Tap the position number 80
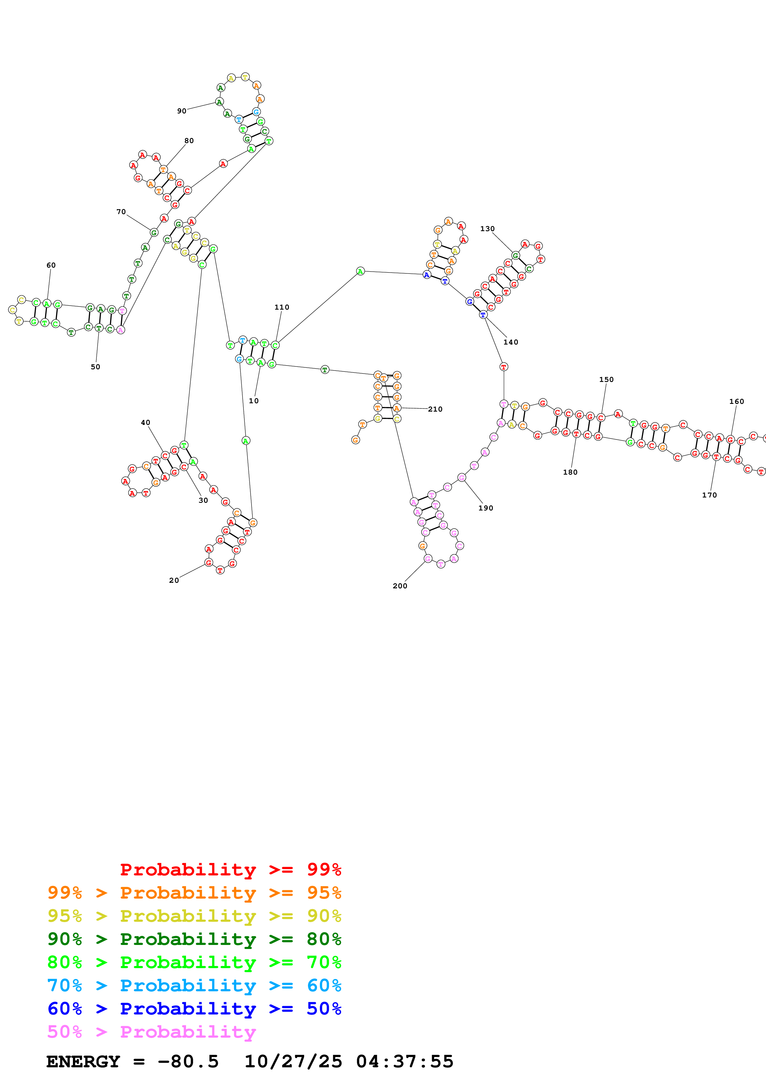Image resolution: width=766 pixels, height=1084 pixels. click(189, 141)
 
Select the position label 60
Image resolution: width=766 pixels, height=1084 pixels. click(51, 265)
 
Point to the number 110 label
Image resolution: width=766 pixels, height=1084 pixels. click(282, 307)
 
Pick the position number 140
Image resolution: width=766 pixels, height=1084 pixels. click(511, 342)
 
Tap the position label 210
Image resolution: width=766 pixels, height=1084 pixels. click(435, 409)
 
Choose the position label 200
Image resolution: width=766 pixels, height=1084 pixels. click(400, 586)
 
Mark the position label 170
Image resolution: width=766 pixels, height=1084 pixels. click(709, 495)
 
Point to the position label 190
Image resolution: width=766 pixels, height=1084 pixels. click(486, 508)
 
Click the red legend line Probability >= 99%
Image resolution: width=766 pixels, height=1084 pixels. click(230, 869)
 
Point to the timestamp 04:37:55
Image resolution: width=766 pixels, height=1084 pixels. click(404, 1061)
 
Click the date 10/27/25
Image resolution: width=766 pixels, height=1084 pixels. click(293, 1061)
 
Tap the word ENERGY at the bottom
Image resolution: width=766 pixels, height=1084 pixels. click(83, 1061)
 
